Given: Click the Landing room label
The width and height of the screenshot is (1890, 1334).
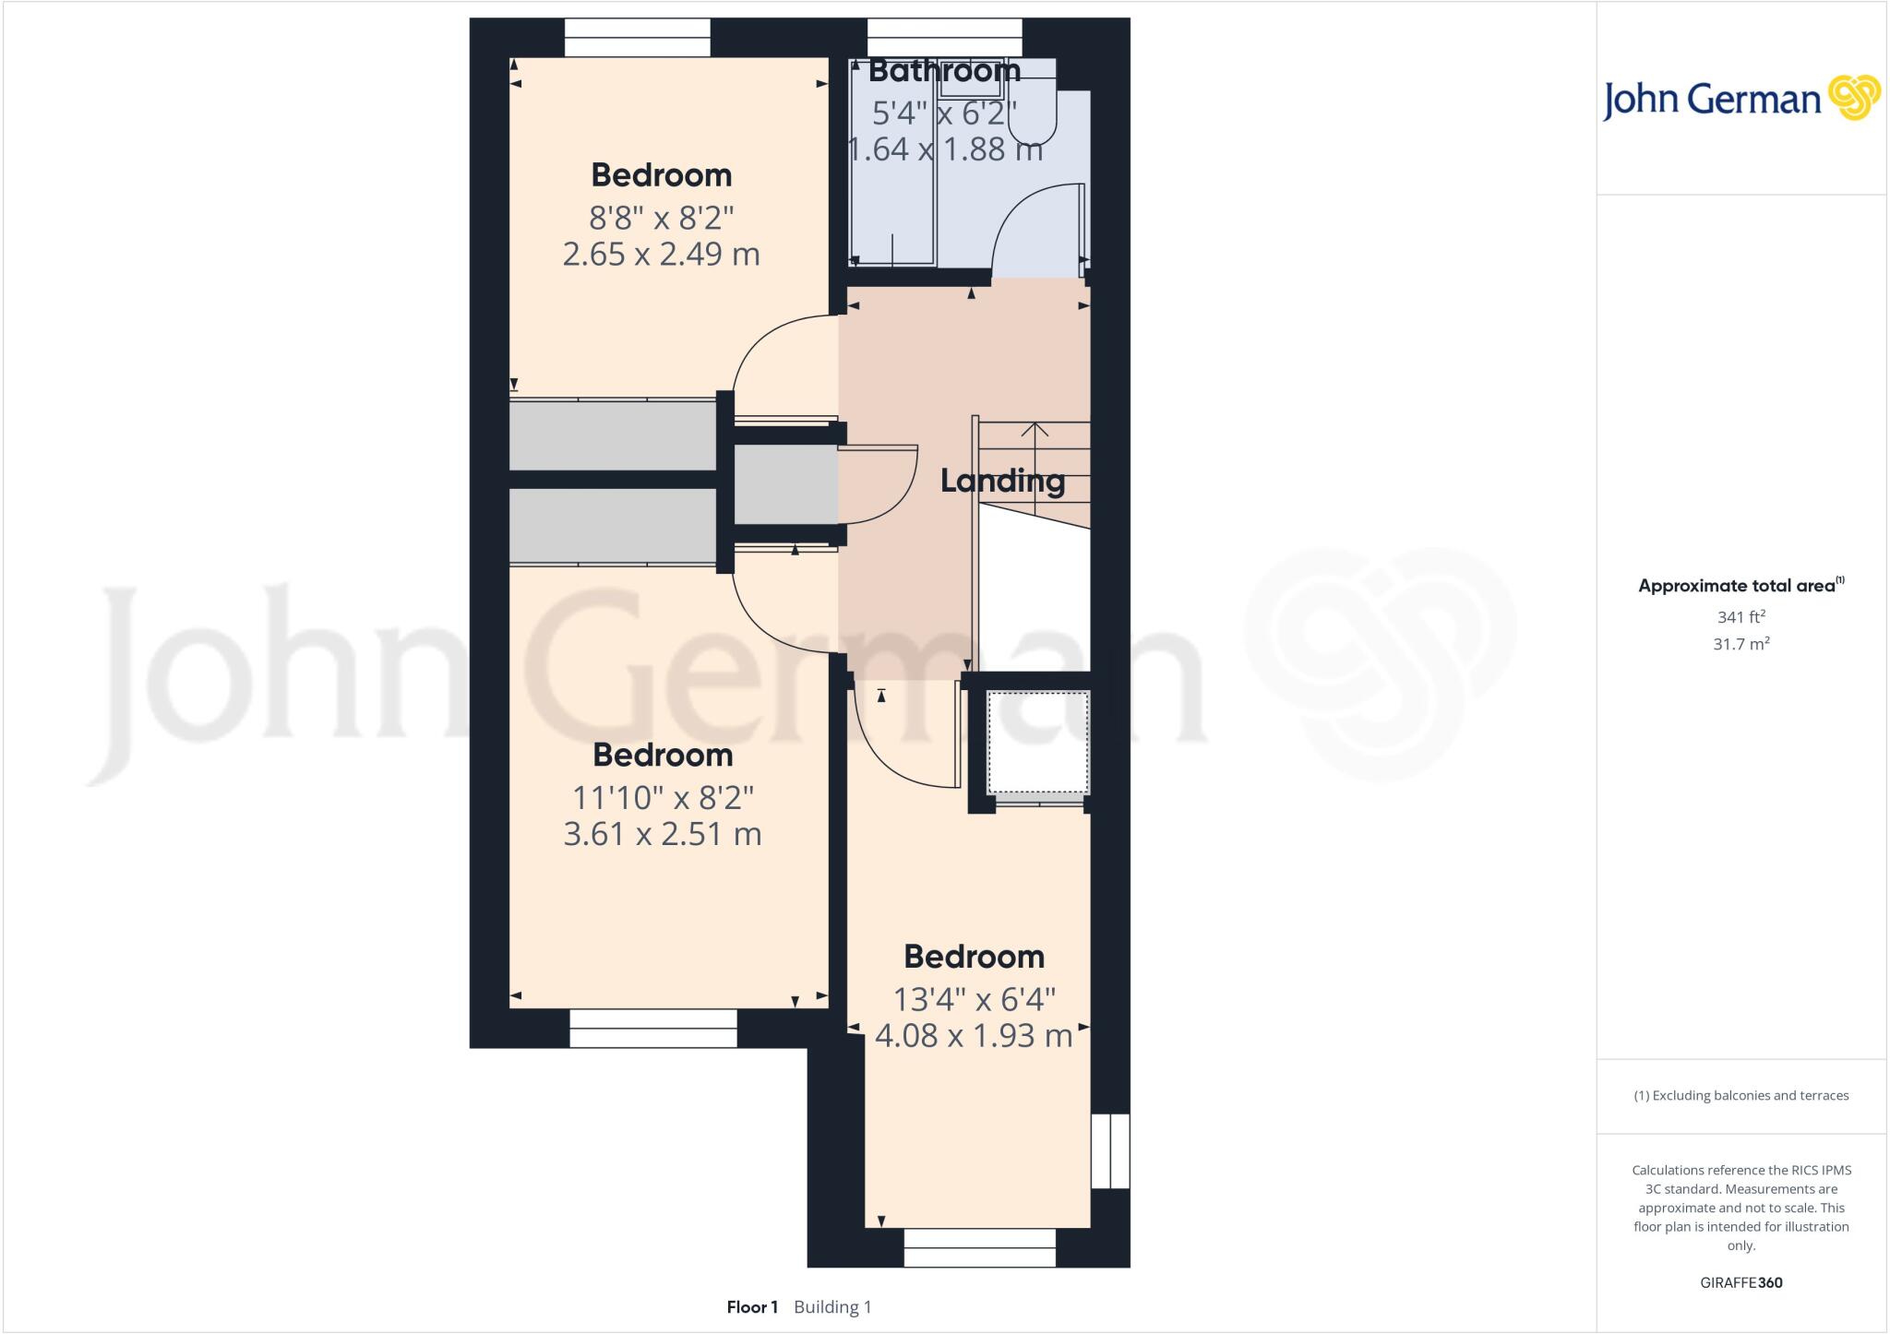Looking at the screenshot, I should (1002, 481).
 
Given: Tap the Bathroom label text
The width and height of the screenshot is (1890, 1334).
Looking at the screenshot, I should (944, 70).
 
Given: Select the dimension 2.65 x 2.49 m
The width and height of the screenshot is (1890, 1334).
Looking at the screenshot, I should (661, 254).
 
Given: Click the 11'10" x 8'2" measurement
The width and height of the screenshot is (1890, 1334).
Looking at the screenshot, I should (663, 797).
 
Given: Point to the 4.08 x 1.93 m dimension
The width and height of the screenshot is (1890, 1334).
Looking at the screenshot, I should (974, 1035).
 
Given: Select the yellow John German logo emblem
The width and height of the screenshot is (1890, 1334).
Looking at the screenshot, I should (1854, 98).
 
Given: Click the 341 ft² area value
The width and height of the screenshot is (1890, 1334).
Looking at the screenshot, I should (1741, 617).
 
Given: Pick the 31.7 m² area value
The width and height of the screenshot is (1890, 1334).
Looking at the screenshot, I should (1741, 644).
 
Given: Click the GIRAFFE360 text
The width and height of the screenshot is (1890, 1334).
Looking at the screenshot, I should (1741, 1282).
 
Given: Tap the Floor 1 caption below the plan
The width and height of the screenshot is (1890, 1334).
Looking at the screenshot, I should (752, 1307).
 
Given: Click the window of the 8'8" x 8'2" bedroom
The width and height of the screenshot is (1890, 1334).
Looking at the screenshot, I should (637, 38).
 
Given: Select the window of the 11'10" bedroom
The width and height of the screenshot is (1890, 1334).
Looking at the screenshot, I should (652, 1028).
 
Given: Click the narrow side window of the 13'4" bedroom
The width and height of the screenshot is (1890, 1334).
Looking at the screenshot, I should (1110, 1150).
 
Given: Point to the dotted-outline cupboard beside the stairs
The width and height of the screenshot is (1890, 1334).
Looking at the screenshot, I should (1038, 743).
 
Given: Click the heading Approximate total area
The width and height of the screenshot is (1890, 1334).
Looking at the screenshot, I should (1740, 585).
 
